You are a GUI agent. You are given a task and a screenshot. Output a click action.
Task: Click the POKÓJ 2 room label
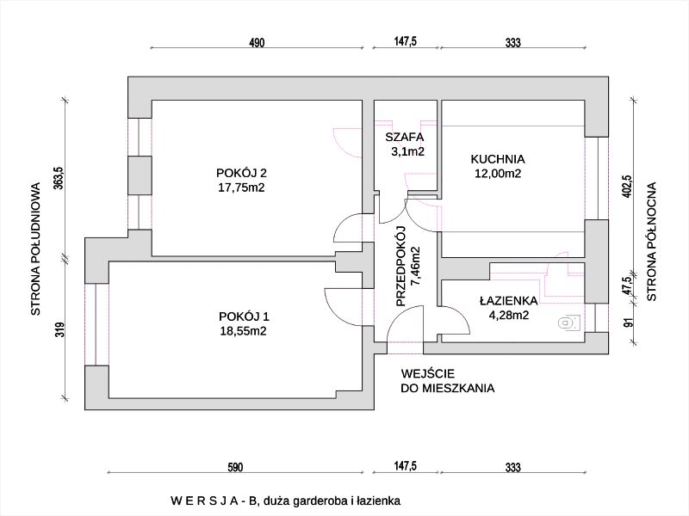pos(242,169)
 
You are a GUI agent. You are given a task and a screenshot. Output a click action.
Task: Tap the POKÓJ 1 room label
pos(242,315)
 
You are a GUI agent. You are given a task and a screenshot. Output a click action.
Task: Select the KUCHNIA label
pos(498,158)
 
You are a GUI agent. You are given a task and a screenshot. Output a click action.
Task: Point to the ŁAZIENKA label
pos(509,301)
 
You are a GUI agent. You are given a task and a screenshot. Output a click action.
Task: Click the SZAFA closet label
pos(404,137)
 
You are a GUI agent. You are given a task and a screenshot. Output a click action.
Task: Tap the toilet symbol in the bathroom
pos(567,323)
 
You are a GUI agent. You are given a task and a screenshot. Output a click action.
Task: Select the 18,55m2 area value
pos(242,329)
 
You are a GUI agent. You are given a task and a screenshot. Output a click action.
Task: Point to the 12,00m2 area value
pos(497,173)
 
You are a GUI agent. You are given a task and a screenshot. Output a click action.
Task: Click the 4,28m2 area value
pos(508,315)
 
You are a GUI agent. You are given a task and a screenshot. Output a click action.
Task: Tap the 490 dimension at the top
pos(256,42)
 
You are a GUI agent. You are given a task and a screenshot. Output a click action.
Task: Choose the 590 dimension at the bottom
pos(236,467)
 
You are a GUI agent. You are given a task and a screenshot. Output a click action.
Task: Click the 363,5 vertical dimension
pos(59,181)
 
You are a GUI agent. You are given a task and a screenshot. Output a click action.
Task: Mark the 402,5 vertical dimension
pos(628,187)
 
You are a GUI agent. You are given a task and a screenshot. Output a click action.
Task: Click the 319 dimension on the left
pos(59,330)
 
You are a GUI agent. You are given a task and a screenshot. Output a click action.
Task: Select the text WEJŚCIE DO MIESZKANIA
pos(448,381)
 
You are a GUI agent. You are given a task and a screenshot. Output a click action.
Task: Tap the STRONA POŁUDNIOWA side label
pos(36,249)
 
